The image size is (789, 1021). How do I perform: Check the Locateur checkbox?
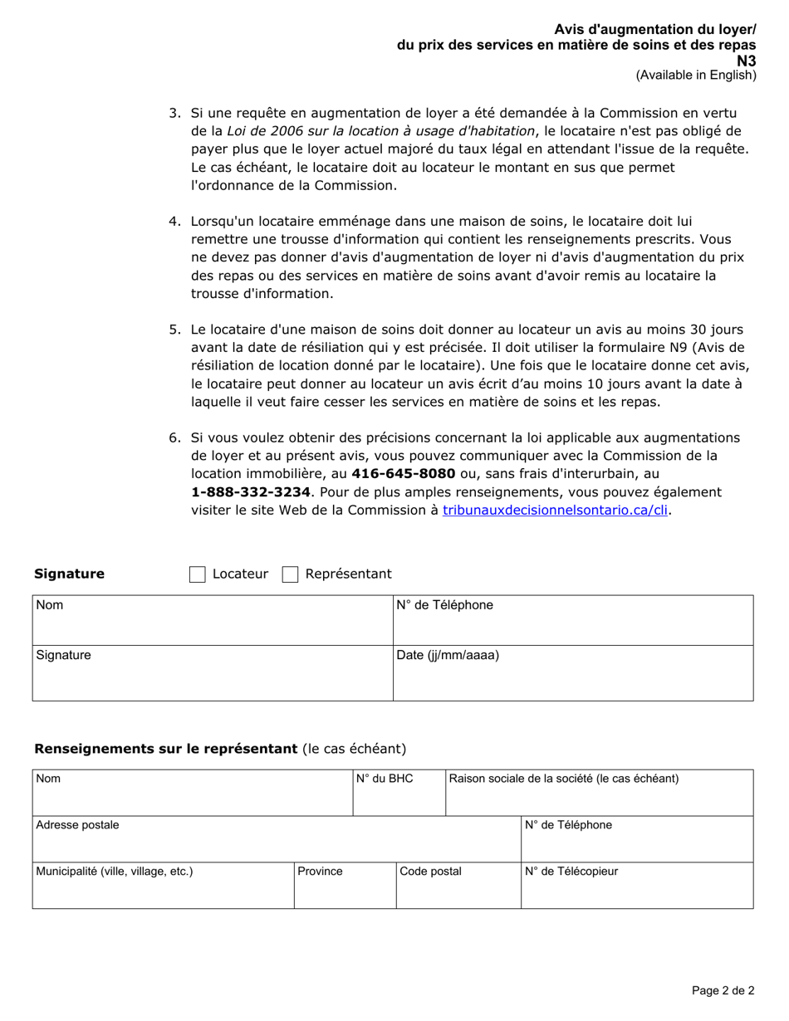[198, 574]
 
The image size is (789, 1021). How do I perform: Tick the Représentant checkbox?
[290, 574]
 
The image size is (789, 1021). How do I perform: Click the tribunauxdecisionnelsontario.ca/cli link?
[556, 510]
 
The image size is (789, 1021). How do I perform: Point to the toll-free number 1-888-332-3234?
[251, 492]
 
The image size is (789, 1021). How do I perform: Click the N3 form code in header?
[747, 61]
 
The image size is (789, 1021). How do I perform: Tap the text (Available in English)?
[696, 75]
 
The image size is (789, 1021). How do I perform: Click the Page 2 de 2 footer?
[723, 990]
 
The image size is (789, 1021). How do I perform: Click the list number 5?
[174, 330]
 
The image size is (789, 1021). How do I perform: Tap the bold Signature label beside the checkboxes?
[69, 574]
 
